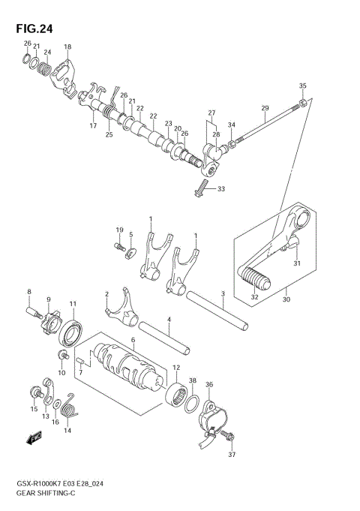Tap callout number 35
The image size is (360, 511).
303,86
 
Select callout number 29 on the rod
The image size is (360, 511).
265,109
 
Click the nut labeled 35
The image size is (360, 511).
301,101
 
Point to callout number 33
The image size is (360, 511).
221,188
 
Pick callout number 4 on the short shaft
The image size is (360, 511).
170,320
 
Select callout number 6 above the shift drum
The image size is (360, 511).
133,340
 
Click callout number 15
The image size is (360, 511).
33,409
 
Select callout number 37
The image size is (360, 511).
232,454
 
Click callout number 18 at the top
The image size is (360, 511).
67,47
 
